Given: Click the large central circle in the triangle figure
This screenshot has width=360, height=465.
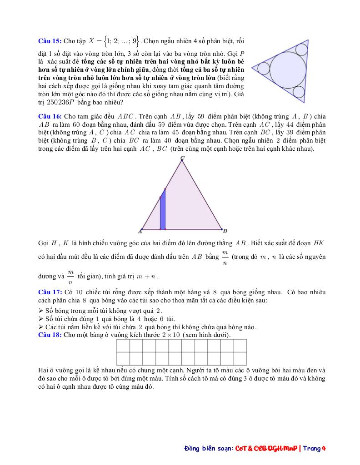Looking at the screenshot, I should tap(288, 71).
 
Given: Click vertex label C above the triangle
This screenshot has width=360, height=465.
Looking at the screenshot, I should tap(182, 158).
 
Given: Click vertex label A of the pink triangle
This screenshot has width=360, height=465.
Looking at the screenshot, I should tap(140, 231).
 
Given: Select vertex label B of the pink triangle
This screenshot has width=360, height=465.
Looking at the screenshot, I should tap(225, 231).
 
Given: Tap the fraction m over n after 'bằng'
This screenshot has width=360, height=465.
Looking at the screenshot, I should tap(225, 257).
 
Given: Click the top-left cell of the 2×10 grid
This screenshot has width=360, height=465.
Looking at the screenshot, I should tap(124, 346).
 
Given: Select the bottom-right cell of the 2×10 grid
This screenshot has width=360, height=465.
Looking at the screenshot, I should tap(240, 359).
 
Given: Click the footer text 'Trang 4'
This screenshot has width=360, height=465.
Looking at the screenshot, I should tap(315, 448).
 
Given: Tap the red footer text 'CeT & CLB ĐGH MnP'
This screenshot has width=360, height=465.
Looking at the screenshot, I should tap(266, 448).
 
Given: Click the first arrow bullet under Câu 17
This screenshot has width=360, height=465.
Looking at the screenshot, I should tap(41, 310).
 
